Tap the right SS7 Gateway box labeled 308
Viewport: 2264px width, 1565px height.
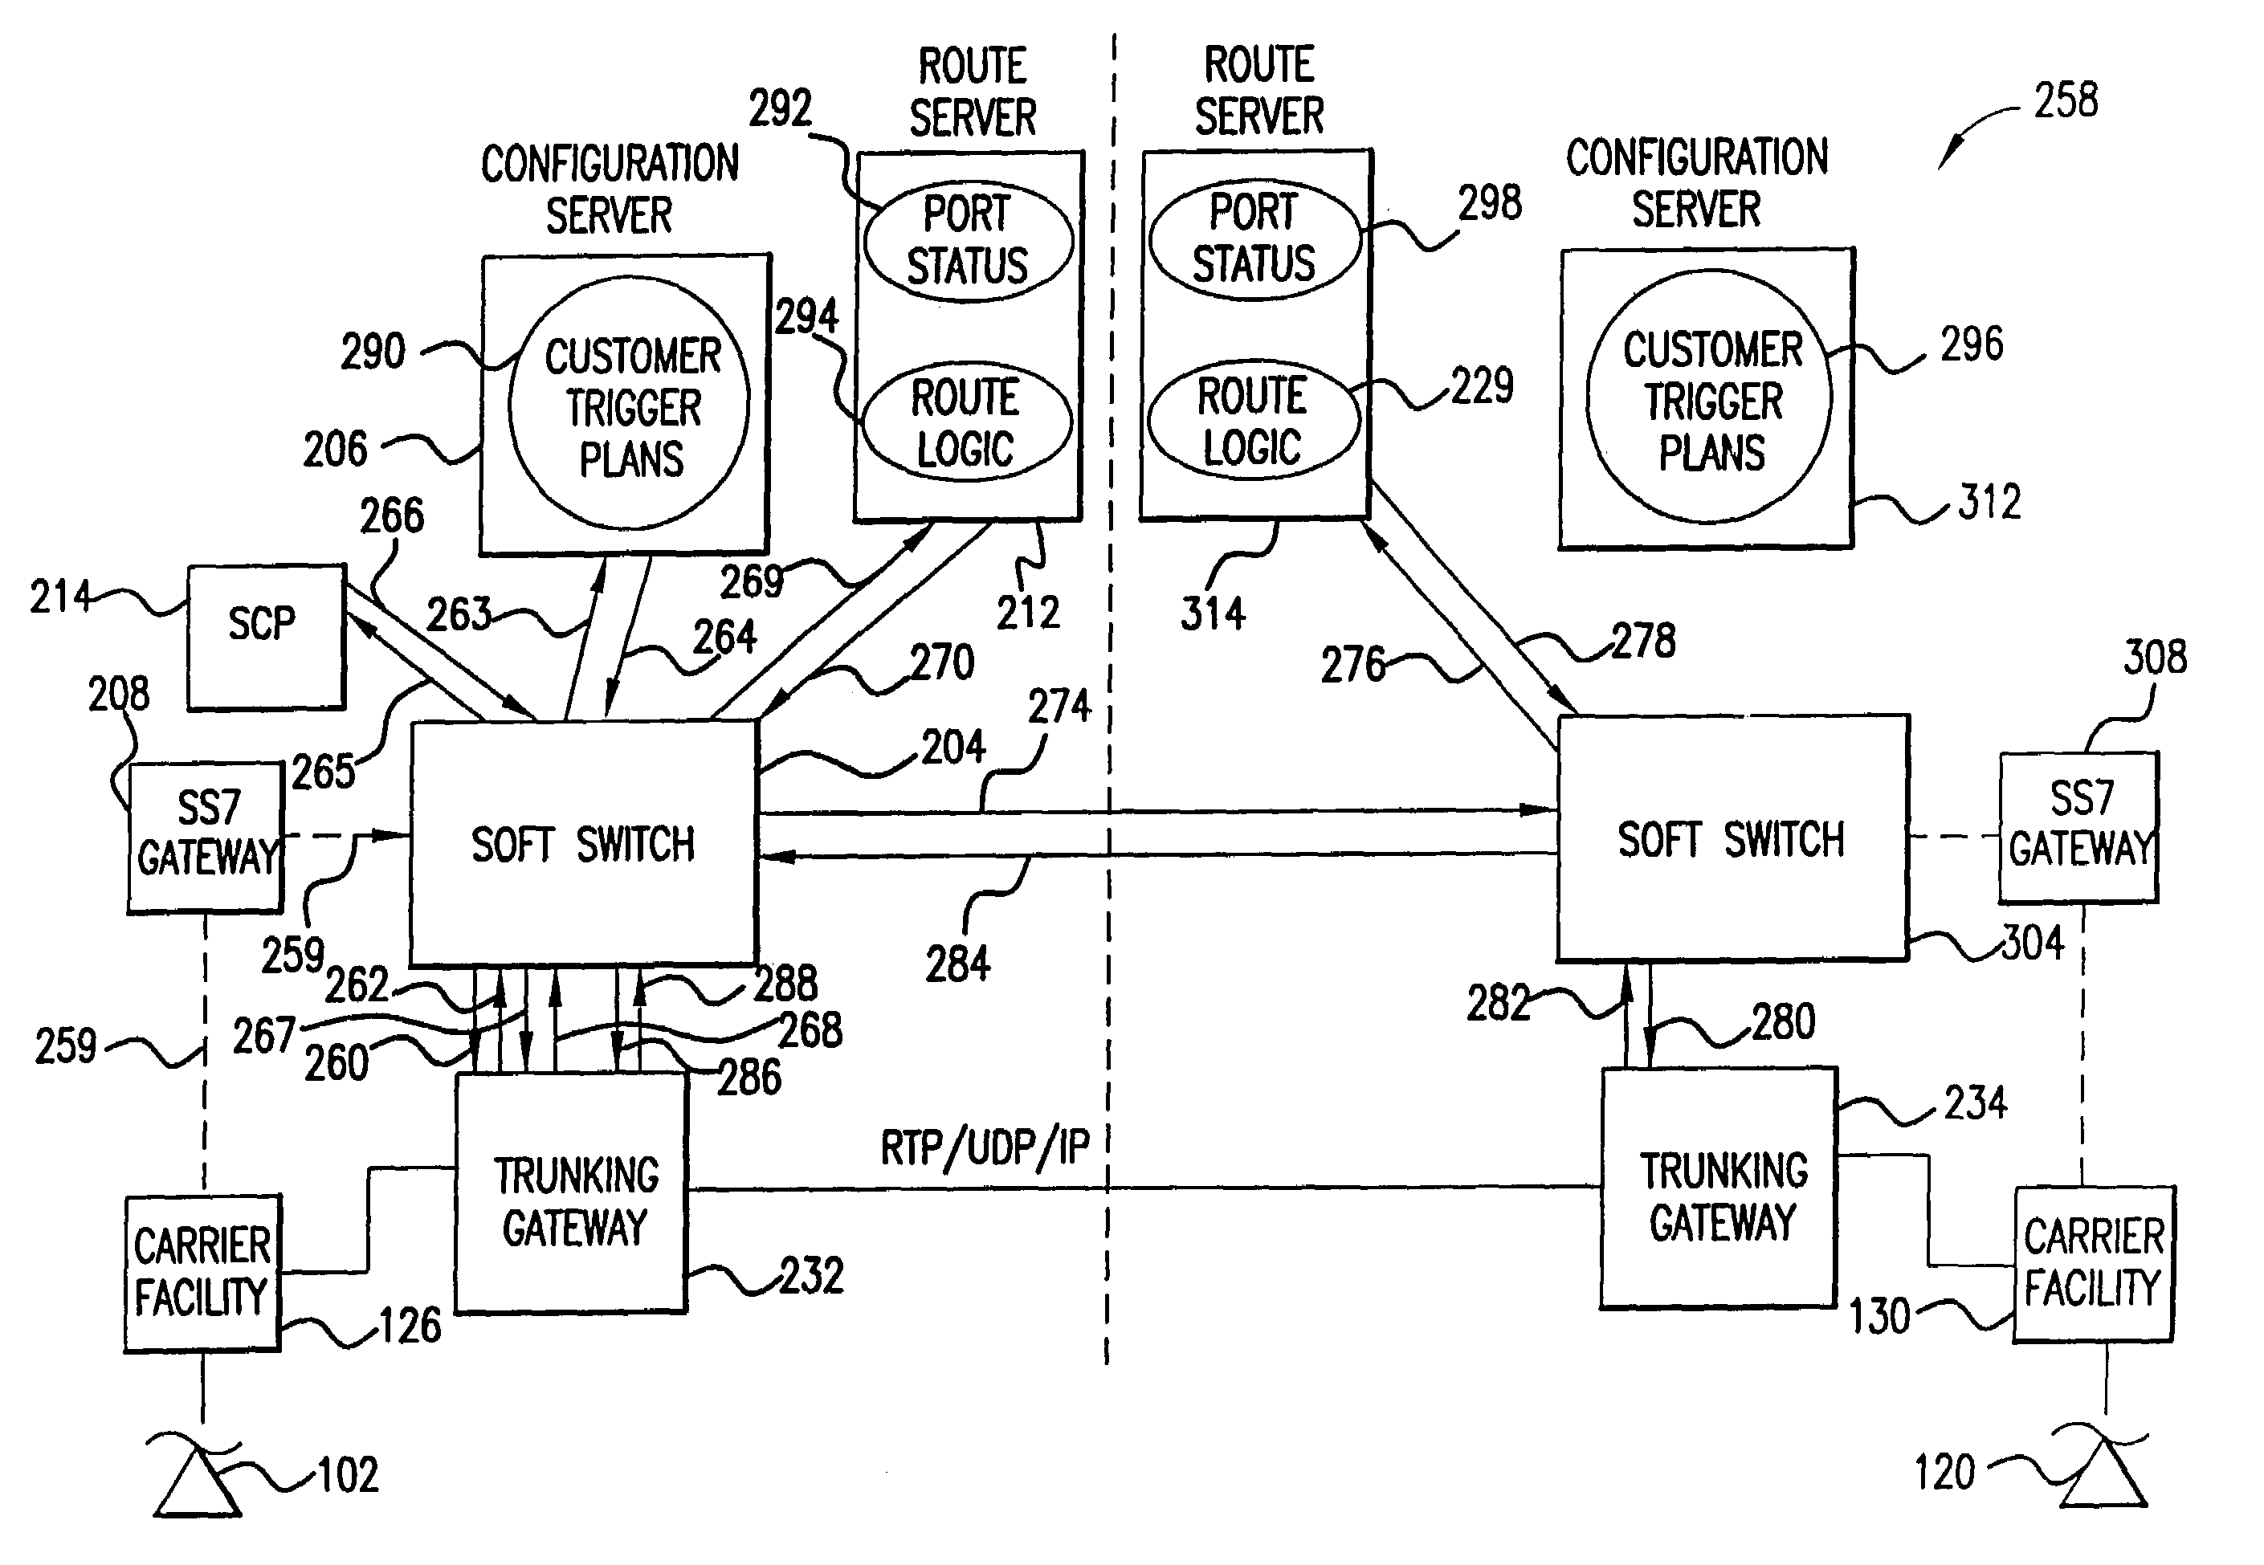2078,826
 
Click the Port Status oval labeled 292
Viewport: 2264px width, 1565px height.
968,241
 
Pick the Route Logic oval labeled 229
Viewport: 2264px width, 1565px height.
1253,420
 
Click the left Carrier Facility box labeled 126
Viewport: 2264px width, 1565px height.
203,1272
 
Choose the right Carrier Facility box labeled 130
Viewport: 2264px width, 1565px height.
2094,1263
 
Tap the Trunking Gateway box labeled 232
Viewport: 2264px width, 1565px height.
573,1192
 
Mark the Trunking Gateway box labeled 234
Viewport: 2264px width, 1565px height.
1719,1188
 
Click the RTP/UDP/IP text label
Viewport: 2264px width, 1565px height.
985,1147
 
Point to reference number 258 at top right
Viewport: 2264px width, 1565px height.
2066,101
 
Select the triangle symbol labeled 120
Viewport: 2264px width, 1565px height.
2104,1477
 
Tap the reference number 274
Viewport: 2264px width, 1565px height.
1059,706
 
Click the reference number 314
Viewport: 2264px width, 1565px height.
1213,613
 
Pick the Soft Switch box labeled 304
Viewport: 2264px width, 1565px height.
1732,838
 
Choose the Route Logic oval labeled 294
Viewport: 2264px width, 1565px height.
966,422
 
